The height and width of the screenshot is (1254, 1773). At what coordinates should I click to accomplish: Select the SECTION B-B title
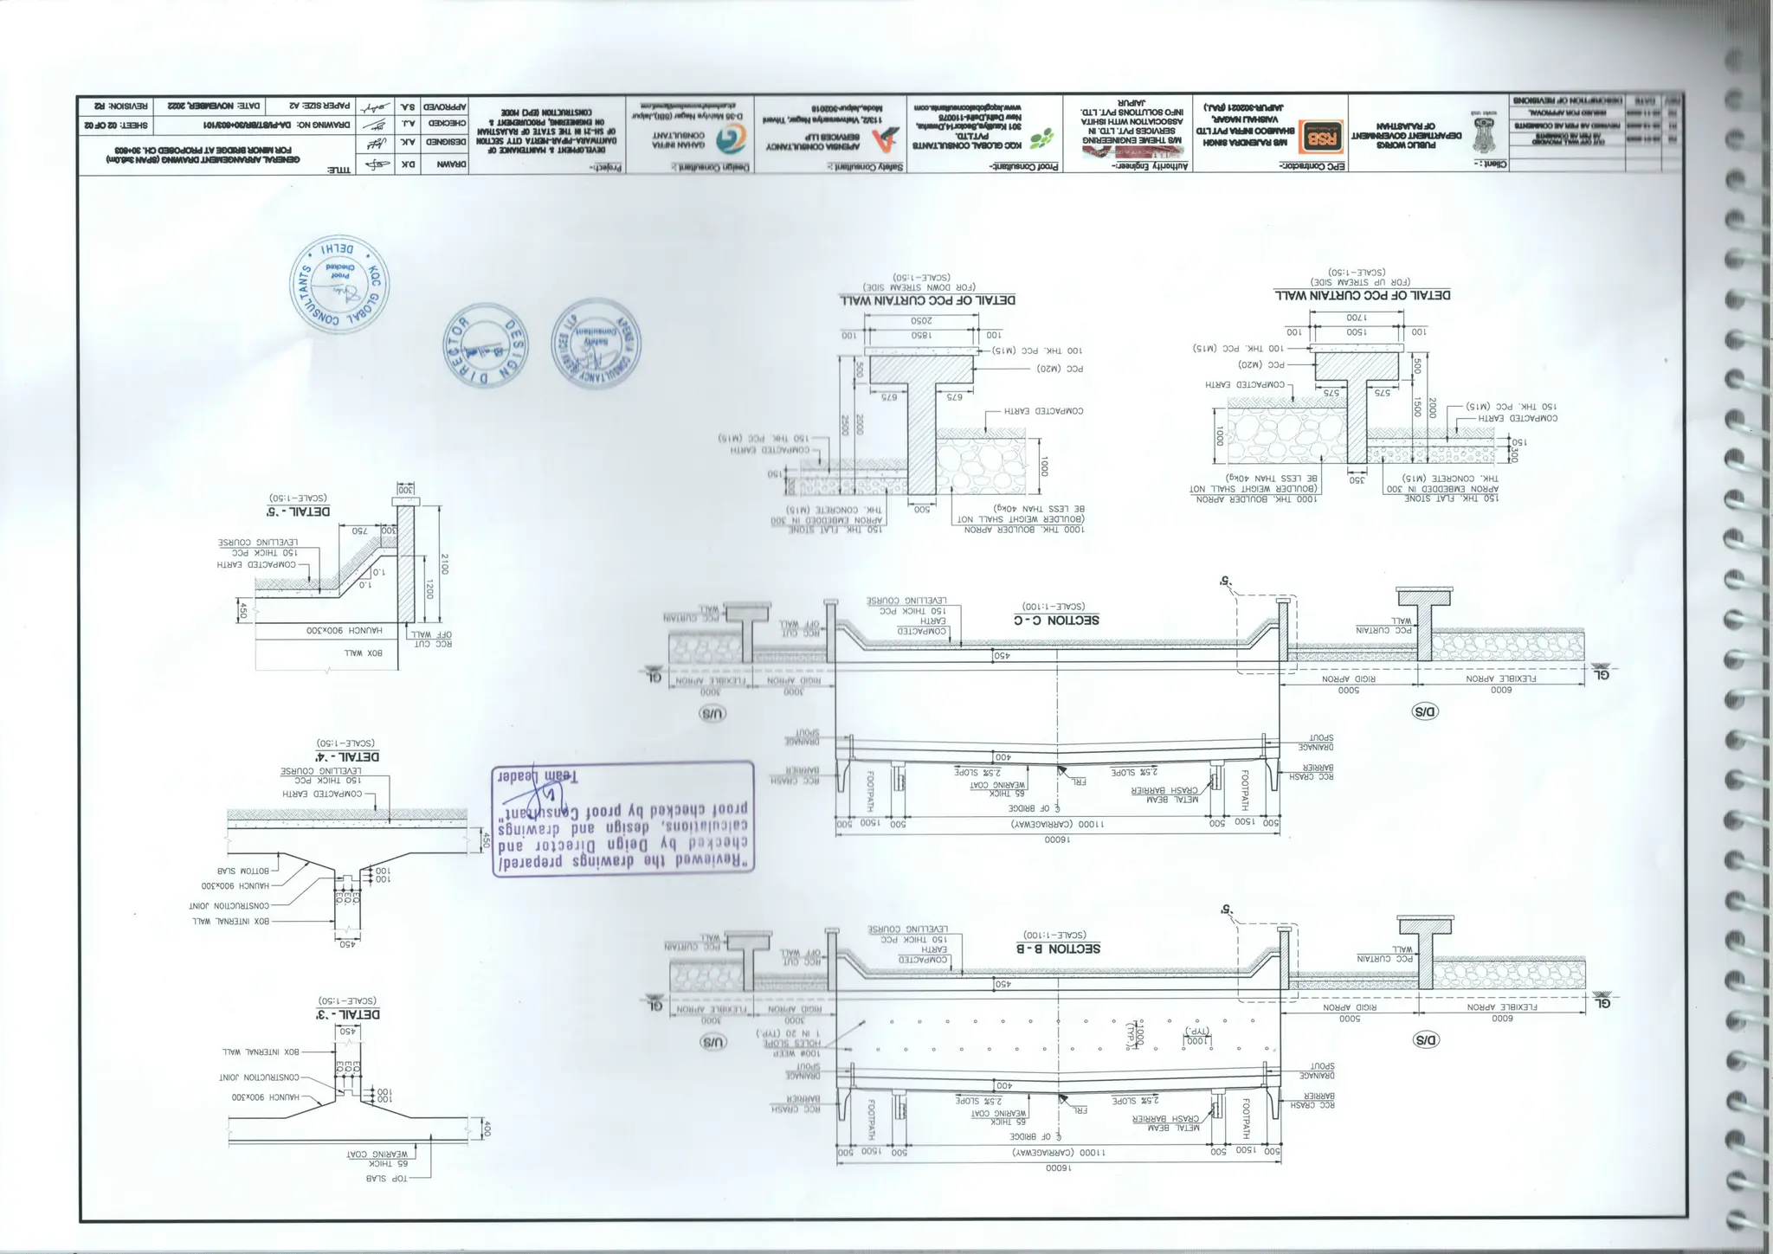pos(1057,948)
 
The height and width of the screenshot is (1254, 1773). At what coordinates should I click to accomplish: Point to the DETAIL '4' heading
pos(347,756)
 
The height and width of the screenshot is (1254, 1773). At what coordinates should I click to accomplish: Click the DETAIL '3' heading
pos(348,1013)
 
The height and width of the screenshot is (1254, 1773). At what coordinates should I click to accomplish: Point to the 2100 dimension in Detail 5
pos(444,564)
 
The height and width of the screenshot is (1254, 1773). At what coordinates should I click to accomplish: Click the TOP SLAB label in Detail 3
pos(387,1178)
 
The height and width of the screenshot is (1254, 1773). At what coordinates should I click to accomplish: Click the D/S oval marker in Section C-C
pos(1424,711)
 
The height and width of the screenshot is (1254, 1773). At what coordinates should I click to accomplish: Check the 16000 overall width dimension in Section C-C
pos(1057,839)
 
